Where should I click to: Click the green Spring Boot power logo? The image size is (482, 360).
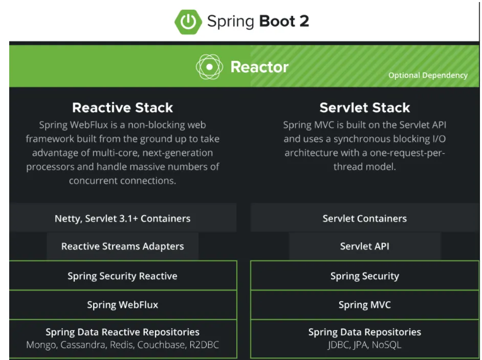pos(188,22)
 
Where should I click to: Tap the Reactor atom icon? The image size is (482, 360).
pos(209,67)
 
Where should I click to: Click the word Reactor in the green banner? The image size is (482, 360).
pos(259,67)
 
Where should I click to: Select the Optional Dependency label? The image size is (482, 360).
pos(428,75)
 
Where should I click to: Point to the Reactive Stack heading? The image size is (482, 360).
pos(123,108)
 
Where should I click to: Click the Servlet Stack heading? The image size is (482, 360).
pos(365,108)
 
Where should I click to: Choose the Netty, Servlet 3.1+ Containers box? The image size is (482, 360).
pos(123,218)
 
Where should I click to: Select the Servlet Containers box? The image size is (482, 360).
pos(365,218)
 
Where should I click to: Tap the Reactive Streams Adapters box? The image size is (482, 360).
pos(123,246)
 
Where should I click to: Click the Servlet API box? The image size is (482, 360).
pos(365,246)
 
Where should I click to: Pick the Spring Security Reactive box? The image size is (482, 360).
pos(123,276)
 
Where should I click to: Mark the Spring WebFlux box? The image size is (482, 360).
pos(123,305)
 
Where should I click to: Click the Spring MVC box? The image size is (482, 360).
pos(365,305)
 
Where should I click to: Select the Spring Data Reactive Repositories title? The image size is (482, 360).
pos(123,332)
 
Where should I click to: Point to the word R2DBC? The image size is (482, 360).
pos(204,345)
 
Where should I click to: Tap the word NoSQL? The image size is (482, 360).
pos(386,345)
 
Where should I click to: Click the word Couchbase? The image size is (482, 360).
pos(162,345)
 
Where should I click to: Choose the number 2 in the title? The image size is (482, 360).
pos(304,21)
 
